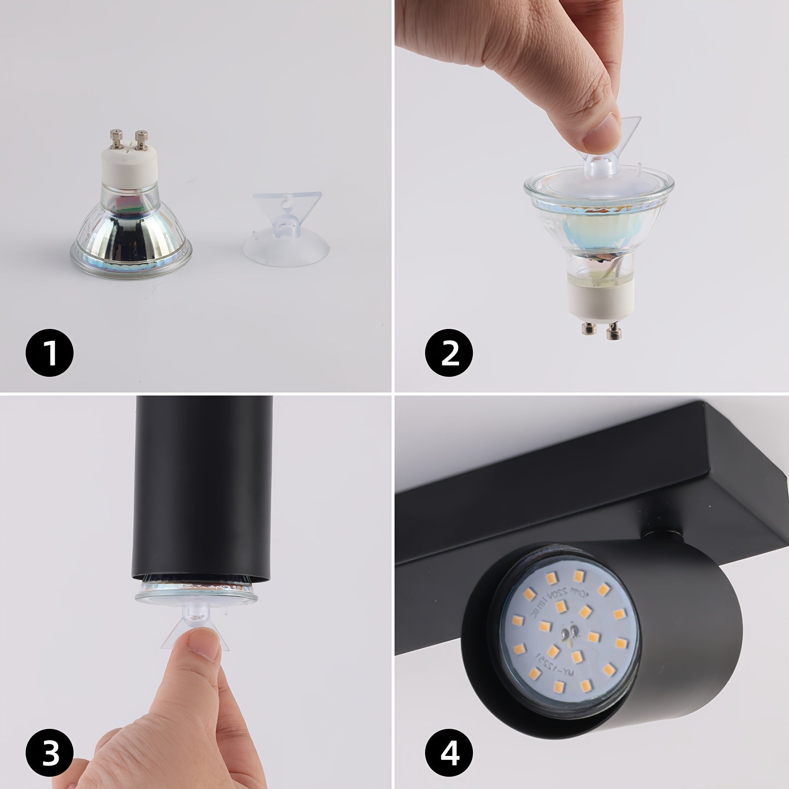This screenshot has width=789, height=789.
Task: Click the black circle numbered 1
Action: (x=49, y=353)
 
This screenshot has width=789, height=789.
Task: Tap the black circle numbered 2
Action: (x=449, y=353)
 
